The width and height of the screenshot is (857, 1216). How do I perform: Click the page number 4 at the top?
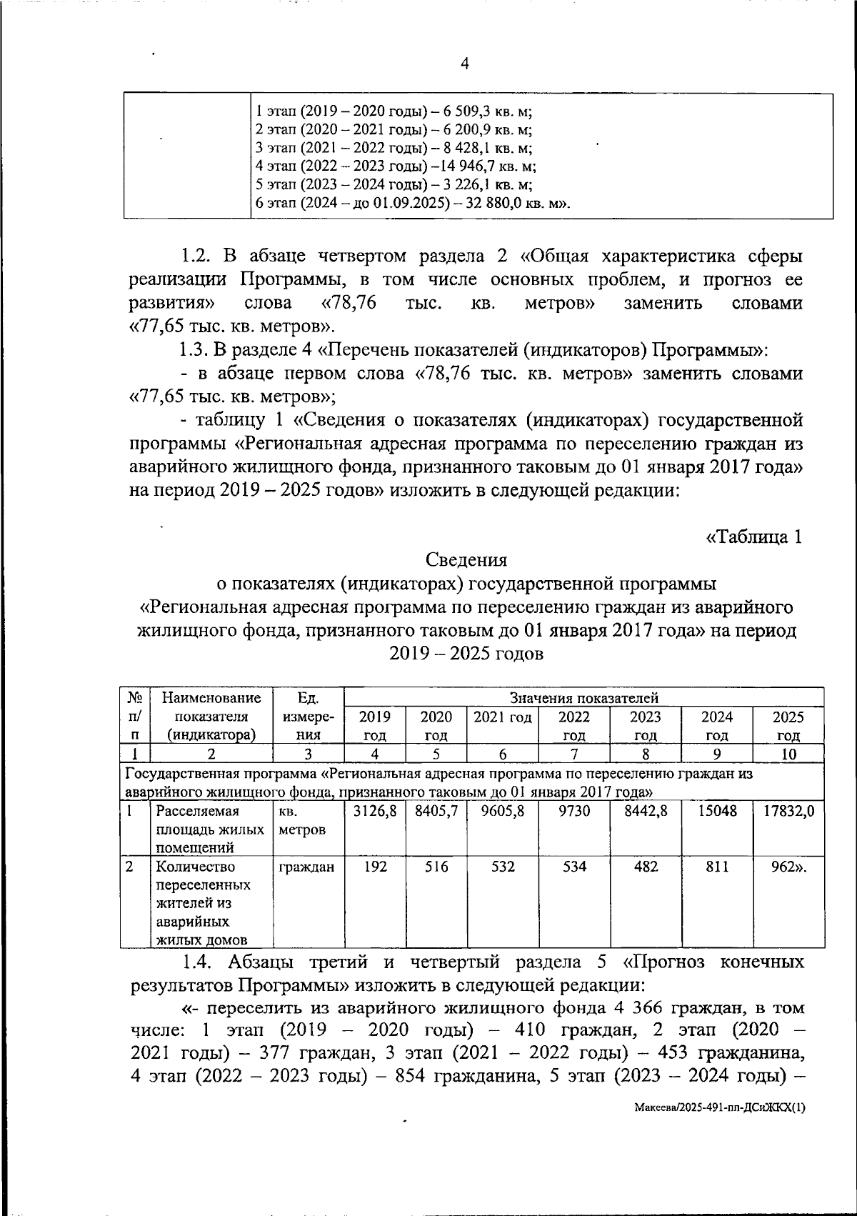464,64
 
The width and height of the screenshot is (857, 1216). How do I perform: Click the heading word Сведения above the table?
466,560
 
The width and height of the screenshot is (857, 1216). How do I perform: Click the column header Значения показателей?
583,698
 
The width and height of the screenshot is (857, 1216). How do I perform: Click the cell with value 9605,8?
503,812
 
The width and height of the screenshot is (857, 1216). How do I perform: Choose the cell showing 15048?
717,812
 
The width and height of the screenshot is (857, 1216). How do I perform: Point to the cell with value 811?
717,867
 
